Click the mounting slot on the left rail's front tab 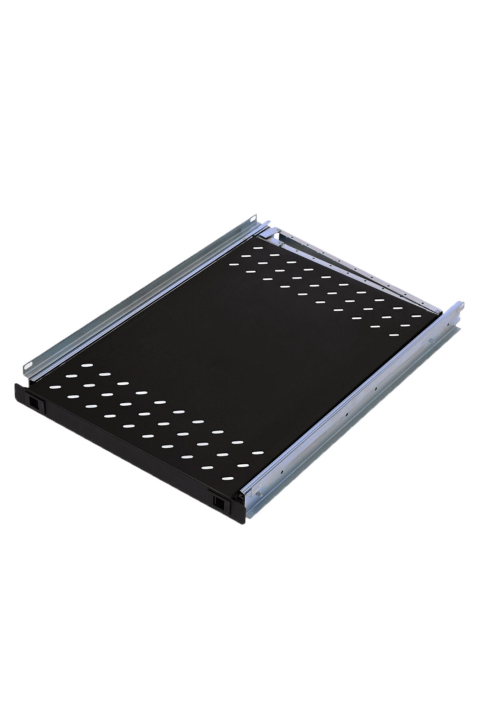pyautogui.click(x=29, y=366)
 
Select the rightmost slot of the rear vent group pyautogui.click(x=415, y=316)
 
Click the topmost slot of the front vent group pyautogui.click(x=85, y=364)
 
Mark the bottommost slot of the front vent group pyautogui.click(x=226, y=478)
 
